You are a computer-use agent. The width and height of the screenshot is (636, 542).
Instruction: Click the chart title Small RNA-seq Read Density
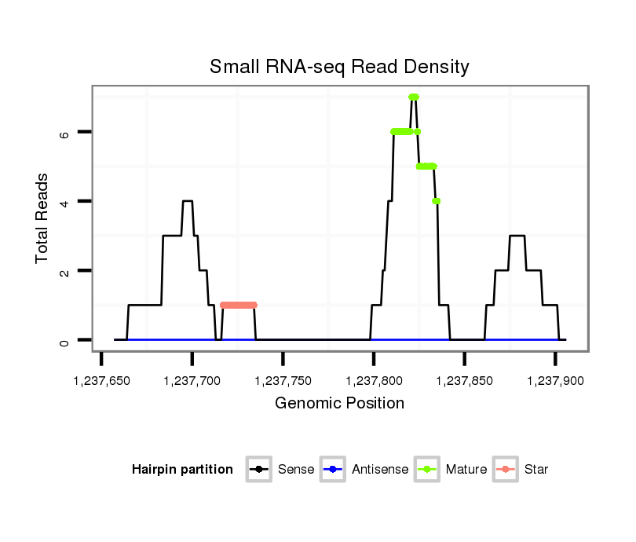tap(339, 67)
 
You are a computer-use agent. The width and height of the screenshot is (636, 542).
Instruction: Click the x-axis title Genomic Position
tap(339, 404)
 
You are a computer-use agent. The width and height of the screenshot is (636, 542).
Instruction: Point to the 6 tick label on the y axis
tap(64, 133)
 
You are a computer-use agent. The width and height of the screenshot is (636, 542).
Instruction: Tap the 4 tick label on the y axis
tap(64, 202)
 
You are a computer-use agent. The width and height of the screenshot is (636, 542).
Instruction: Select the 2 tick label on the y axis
tap(64, 271)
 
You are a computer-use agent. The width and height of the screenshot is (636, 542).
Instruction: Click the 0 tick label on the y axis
tap(64, 341)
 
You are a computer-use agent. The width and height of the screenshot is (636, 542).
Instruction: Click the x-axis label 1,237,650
tap(101, 381)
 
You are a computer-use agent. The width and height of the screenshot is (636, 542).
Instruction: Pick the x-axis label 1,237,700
tap(192, 381)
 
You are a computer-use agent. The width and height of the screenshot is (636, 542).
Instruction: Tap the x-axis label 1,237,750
tap(283, 381)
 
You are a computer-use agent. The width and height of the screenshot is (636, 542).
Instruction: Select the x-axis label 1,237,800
tap(374, 381)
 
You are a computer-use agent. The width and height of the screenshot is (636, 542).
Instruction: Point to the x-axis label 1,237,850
tap(464, 381)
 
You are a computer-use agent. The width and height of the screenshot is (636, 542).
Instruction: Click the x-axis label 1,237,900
tap(555, 381)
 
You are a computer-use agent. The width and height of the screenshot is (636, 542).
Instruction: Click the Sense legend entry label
tap(296, 470)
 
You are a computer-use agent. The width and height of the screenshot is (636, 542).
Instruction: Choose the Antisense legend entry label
tap(380, 470)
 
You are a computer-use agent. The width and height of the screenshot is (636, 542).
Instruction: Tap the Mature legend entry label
tap(466, 470)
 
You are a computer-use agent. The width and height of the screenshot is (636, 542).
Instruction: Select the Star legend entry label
tap(536, 470)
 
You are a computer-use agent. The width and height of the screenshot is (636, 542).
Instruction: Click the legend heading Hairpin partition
tap(182, 470)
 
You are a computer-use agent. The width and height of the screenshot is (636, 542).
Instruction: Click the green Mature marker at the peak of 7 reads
tap(414, 97)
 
